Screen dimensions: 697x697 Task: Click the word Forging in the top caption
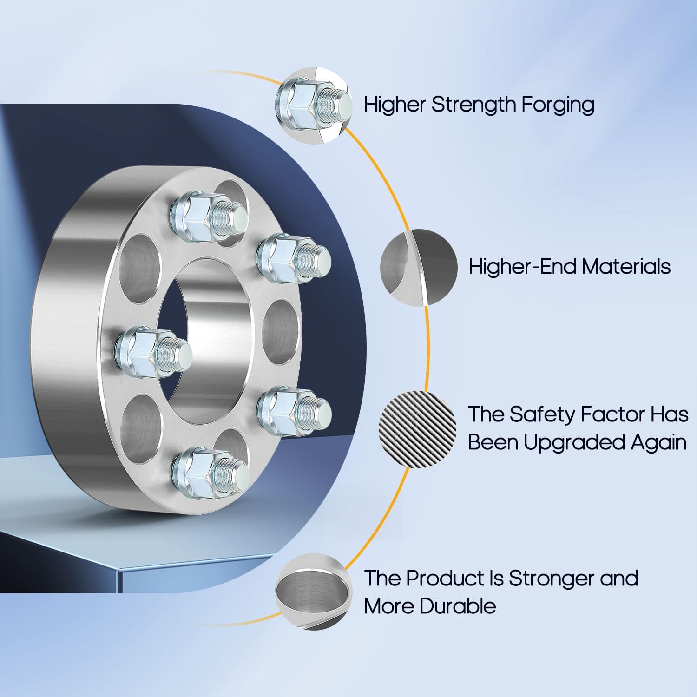[x=558, y=105]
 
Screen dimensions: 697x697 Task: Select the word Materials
[x=626, y=267]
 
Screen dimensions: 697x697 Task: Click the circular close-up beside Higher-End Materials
[x=418, y=267]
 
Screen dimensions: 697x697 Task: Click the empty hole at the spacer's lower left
[x=139, y=425]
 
